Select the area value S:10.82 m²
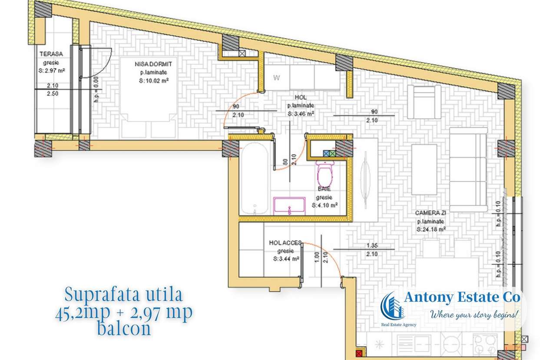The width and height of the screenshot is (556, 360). [151, 81]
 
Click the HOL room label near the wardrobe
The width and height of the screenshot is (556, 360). [300, 98]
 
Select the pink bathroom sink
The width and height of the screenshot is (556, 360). [289, 205]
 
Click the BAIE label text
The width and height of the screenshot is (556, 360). [324, 189]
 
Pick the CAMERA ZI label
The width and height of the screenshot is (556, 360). [430, 214]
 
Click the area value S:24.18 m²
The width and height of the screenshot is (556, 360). [431, 229]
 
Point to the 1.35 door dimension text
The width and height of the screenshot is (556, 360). [371, 246]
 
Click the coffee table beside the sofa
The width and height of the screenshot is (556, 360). [424, 169]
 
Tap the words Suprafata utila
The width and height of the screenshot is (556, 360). [124, 295]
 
